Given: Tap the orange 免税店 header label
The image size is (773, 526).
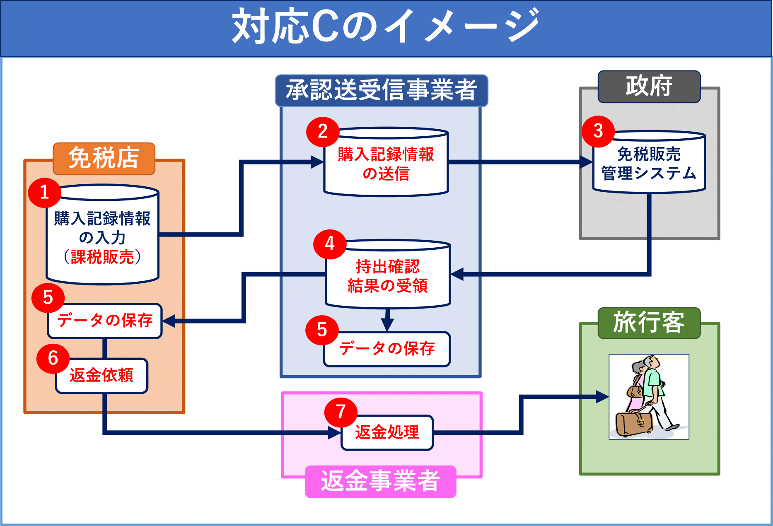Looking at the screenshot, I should (104, 158).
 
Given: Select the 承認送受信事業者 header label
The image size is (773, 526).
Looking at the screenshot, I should (381, 90).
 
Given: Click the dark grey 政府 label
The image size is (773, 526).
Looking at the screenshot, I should (649, 87).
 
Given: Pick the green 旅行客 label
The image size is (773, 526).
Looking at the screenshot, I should (649, 323).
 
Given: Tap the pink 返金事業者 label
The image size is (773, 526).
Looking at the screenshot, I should (380, 481).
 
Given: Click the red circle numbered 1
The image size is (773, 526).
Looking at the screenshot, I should (45, 193).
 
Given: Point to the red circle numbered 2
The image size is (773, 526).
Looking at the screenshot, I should (323, 132).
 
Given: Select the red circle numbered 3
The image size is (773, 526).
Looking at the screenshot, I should (598, 131).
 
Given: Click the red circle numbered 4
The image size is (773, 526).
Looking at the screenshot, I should (330, 244).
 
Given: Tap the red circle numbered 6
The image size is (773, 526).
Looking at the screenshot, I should (53, 359).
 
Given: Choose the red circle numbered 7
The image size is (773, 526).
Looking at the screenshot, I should (341, 412).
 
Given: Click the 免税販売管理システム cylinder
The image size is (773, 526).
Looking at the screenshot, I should (649, 164).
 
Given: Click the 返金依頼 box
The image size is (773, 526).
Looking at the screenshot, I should (102, 376).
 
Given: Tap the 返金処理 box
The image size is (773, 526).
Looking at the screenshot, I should (387, 432).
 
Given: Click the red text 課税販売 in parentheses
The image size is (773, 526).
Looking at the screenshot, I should (102, 257).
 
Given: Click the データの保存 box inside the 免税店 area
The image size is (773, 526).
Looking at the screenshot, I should (105, 321).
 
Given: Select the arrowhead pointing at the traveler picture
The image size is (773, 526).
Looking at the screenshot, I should (602, 397).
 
